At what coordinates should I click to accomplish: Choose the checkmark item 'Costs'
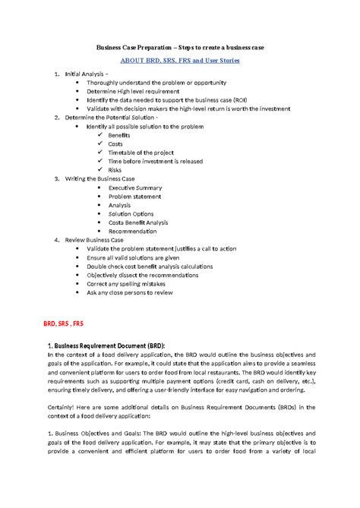pyautogui.click(x=115, y=144)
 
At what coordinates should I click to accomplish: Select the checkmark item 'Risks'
pyautogui.click(x=115, y=170)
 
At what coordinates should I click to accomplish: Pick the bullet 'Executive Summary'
pyautogui.click(x=135, y=188)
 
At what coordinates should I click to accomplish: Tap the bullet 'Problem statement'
pyautogui.click(x=134, y=196)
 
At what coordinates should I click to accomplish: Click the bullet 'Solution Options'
pyautogui.click(x=131, y=214)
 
